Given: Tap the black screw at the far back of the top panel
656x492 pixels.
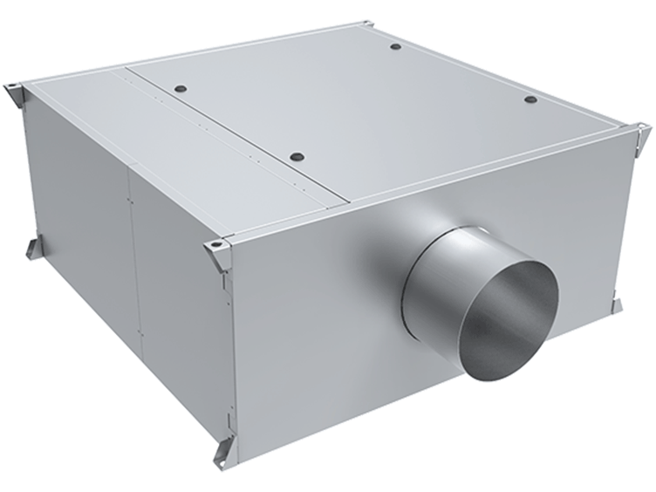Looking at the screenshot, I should (395, 46).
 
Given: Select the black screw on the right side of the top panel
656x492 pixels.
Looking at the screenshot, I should (530, 99).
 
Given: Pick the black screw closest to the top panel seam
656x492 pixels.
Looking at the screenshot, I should (180, 89).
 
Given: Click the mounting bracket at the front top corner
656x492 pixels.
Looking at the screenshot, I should (218, 253).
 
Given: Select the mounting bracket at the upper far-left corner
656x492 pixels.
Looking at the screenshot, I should (16, 91).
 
